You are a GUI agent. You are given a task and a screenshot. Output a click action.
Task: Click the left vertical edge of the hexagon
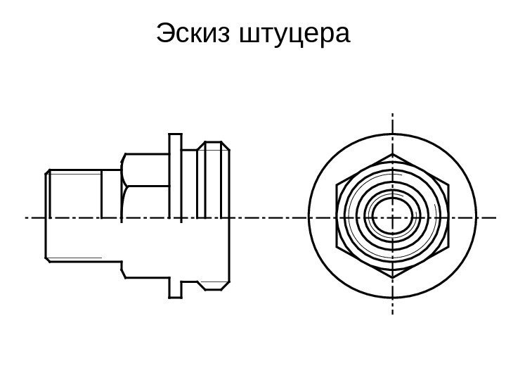coord(337,216)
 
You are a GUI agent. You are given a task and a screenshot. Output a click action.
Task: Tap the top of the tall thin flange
coord(176,134)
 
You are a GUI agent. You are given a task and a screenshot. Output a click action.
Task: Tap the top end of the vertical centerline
coord(392,113)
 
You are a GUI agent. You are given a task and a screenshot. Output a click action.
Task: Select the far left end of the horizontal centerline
coord(27,217)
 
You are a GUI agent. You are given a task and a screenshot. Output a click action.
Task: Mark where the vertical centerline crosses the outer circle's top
coord(392,133)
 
